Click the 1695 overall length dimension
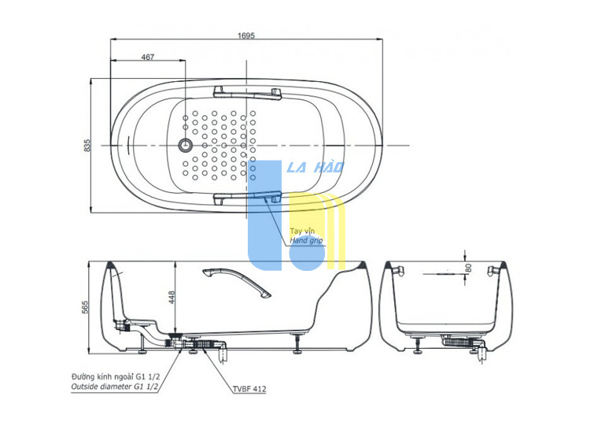click(x=246, y=35)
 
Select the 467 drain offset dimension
click(x=148, y=57)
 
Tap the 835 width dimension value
click(x=87, y=146)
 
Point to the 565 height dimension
click(x=85, y=307)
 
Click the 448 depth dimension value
click(x=171, y=297)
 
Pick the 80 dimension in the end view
click(x=469, y=268)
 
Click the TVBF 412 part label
click(x=249, y=389)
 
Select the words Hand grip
click(x=306, y=240)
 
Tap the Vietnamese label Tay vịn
click(x=302, y=232)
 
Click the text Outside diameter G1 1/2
click(x=115, y=387)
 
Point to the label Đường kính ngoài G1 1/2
click(x=116, y=376)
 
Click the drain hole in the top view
click(x=185, y=145)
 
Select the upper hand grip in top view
click(x=247, y=93)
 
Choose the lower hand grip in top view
click(x=247, y=198)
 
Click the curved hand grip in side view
click(x=236, y=282)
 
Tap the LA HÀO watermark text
click(x=315, y=167)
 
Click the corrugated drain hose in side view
click(x=204, y=344)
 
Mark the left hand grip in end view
click(x=398, y=270)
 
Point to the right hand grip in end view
click(x=495, y=270)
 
